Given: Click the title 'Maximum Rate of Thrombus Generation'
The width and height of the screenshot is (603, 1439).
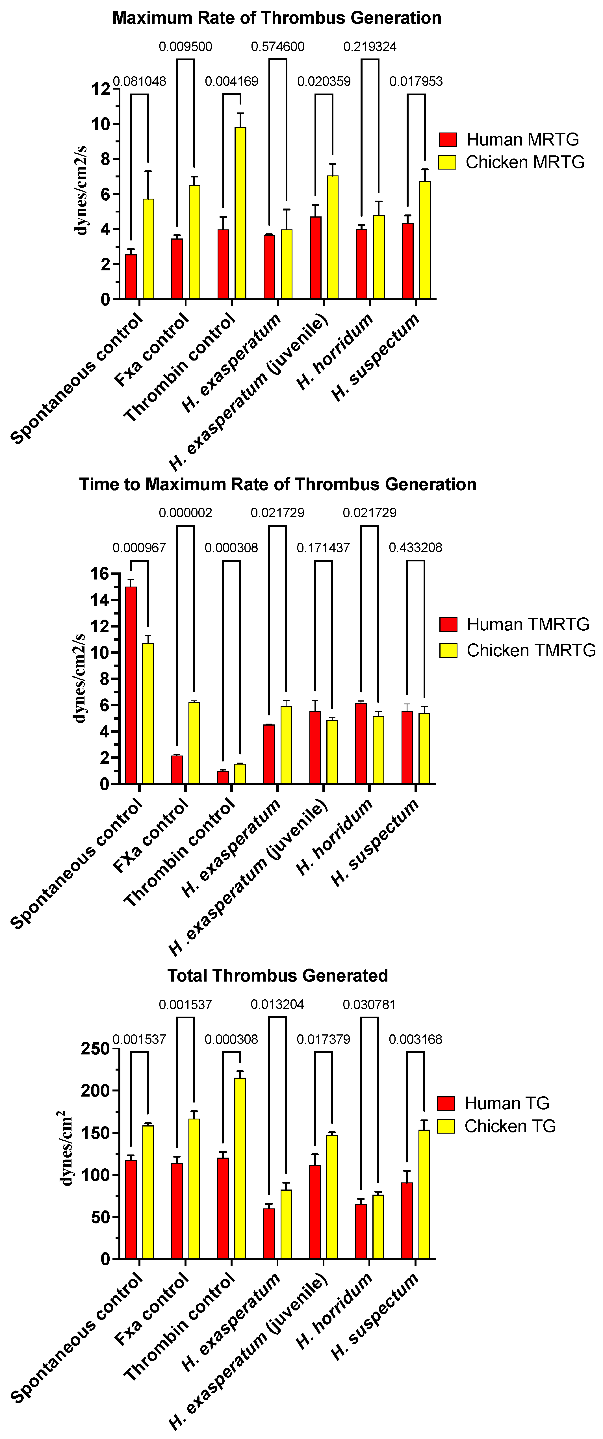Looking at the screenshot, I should coord(277,18).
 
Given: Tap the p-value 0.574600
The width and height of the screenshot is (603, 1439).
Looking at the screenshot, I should coord(278,46).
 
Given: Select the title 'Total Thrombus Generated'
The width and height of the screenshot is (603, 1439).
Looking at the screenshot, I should coord(278,975).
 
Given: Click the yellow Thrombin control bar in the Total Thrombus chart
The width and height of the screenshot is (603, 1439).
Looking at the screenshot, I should coord(240,1167).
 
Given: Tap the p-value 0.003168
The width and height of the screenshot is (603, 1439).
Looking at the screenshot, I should coord(415,1039).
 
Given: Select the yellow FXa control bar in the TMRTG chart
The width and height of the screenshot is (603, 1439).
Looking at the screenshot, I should coord(194,743).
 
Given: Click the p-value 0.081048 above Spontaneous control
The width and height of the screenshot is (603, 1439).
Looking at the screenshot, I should coord(139,82).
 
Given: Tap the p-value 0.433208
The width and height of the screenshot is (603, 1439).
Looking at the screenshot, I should coord(415,548).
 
